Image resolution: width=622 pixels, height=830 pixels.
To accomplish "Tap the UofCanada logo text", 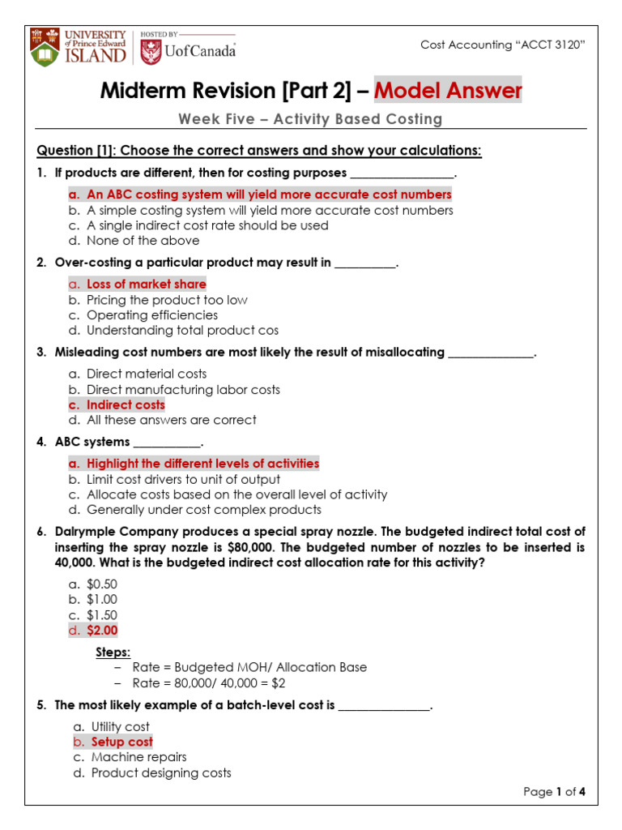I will coord(201,51).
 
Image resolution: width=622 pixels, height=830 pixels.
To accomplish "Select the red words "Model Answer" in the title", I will coord(448,91).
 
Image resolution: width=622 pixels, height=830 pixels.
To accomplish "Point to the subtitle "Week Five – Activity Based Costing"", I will coord(310,119).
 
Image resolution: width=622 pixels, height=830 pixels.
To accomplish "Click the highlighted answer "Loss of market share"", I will coord(146,284).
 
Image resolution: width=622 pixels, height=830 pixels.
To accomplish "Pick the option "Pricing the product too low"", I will coord(167,300).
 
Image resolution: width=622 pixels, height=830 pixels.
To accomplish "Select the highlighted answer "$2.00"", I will coord(102,630).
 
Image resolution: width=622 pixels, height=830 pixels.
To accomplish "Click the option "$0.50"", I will coord(102,584).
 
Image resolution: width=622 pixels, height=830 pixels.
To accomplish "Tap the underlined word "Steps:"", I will coord(113,652).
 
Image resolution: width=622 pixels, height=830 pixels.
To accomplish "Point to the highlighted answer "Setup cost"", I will coord(121,742).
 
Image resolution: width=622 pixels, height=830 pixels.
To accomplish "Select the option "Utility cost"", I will coord(120,727).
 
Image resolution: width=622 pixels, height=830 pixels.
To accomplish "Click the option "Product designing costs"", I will coord(161,772).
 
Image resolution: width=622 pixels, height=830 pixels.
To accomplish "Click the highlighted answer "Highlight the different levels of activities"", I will coord(202,464).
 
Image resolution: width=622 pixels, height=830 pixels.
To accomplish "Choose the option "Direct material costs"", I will coord(147,374).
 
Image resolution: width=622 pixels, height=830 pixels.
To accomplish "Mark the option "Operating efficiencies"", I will coord(152,314).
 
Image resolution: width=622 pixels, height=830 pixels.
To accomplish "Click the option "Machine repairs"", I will coord(138,757).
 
